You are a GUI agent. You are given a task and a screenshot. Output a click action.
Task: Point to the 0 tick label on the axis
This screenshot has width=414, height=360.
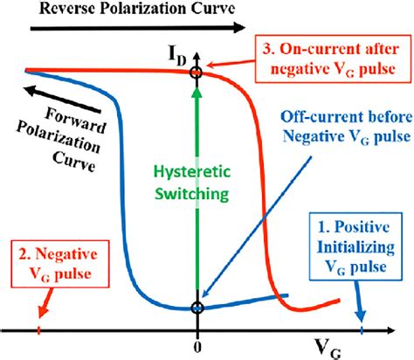(x=199, y=343)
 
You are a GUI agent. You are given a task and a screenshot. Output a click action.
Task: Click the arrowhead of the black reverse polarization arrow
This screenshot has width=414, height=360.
(x=238, y=29)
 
